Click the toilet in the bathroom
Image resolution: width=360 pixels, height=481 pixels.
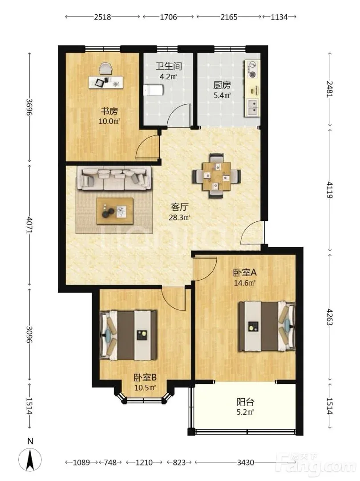tap(154, 90)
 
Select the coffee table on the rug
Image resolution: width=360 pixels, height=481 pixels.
tap(115, 211)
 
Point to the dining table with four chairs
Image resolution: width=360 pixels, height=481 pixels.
tap(217, 176)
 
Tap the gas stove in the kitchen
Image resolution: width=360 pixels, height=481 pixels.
tap(253, 69)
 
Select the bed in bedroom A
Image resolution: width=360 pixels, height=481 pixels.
tap(267, 326)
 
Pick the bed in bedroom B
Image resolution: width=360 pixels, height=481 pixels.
tap(128, 335)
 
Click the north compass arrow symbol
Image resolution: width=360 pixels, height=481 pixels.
tap(30, 459)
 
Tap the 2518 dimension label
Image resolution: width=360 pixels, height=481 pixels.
tap(102, 17)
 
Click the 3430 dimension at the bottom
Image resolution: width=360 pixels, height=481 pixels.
tap(245, 462)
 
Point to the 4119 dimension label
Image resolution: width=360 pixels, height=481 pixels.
tap(329, 190)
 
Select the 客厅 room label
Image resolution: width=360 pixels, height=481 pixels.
tap(179, 207)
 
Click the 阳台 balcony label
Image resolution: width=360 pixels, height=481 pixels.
tap(245, 402)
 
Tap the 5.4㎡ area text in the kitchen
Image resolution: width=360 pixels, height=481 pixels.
tap(222, 95)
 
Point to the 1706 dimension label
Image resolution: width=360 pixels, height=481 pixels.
tap(169, 17)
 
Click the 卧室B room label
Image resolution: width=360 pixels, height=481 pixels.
tap(145, 377)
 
